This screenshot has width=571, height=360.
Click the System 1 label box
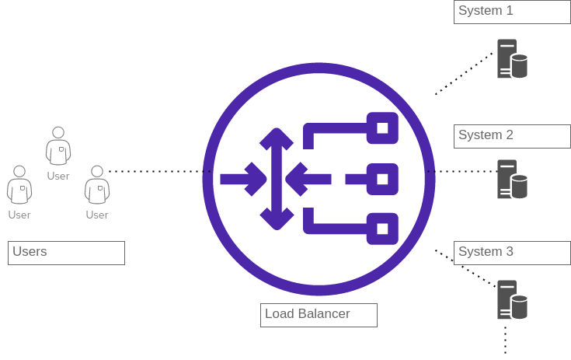(x=512, y=12)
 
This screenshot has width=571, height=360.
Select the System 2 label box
(x=512, y=136)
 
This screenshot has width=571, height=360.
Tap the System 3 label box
(x=512, y=253)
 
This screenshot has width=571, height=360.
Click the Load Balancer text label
(x=319, y=315)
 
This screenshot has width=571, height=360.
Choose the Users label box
(x=66, y=253)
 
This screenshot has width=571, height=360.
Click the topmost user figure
(x=58, y=145)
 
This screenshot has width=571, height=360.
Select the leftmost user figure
(x=19, y=185)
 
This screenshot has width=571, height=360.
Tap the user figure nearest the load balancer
(x=97, y=185)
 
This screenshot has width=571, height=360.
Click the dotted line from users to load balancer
(x=159, y=171)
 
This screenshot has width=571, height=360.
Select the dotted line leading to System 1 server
(x=464, y=74)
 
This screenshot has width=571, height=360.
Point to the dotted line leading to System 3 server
(x=465, y=267)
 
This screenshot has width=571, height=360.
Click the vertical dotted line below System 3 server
(x=505, y=340)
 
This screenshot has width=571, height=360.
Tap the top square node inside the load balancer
(x=382, y=128)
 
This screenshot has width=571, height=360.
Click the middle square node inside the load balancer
(x=382, y=179)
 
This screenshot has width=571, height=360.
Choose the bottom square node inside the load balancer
(x=382, y=229)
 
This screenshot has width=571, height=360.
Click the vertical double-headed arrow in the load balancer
(x=277, y=179)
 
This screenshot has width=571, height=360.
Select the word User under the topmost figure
(x=58, y=176)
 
